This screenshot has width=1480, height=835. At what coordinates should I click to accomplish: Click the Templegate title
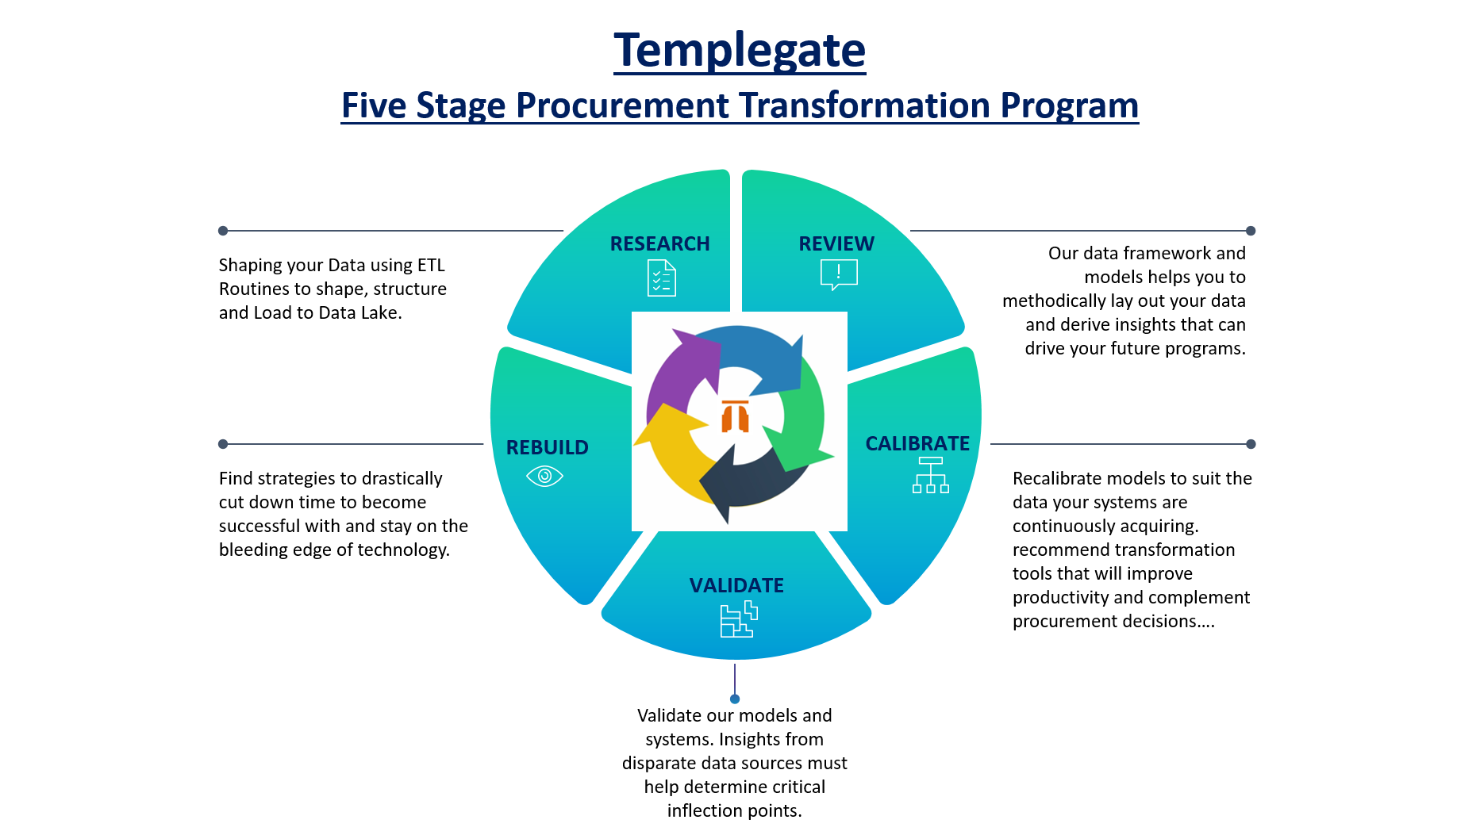click(740, 51)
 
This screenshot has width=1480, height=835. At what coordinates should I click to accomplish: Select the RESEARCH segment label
click(659, 243)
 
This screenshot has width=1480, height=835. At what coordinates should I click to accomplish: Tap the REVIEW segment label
click(836, 243)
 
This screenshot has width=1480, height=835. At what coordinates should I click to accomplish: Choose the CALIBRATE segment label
click(917, 443)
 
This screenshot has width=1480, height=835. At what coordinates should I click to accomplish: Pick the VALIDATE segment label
click(736, 585)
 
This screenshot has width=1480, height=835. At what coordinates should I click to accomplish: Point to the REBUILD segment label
click(548, 447)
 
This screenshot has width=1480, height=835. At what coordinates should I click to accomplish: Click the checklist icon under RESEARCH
click(662, 278)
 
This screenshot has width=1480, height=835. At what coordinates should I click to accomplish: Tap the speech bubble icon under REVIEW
click(839, 274)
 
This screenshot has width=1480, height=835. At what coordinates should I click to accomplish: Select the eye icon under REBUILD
click(544, 476)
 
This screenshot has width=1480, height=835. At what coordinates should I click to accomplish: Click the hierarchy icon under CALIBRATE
click(931, 475)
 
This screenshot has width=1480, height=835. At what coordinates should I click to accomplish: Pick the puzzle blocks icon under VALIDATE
click(739, 619)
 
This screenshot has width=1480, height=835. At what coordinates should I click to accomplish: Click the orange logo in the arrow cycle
click(736, 416)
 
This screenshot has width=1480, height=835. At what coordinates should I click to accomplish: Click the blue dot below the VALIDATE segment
click(735, 699)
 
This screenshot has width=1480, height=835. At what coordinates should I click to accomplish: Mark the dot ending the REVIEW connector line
click(1251, 231)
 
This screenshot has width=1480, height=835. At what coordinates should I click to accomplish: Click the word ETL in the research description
click(431, 265)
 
